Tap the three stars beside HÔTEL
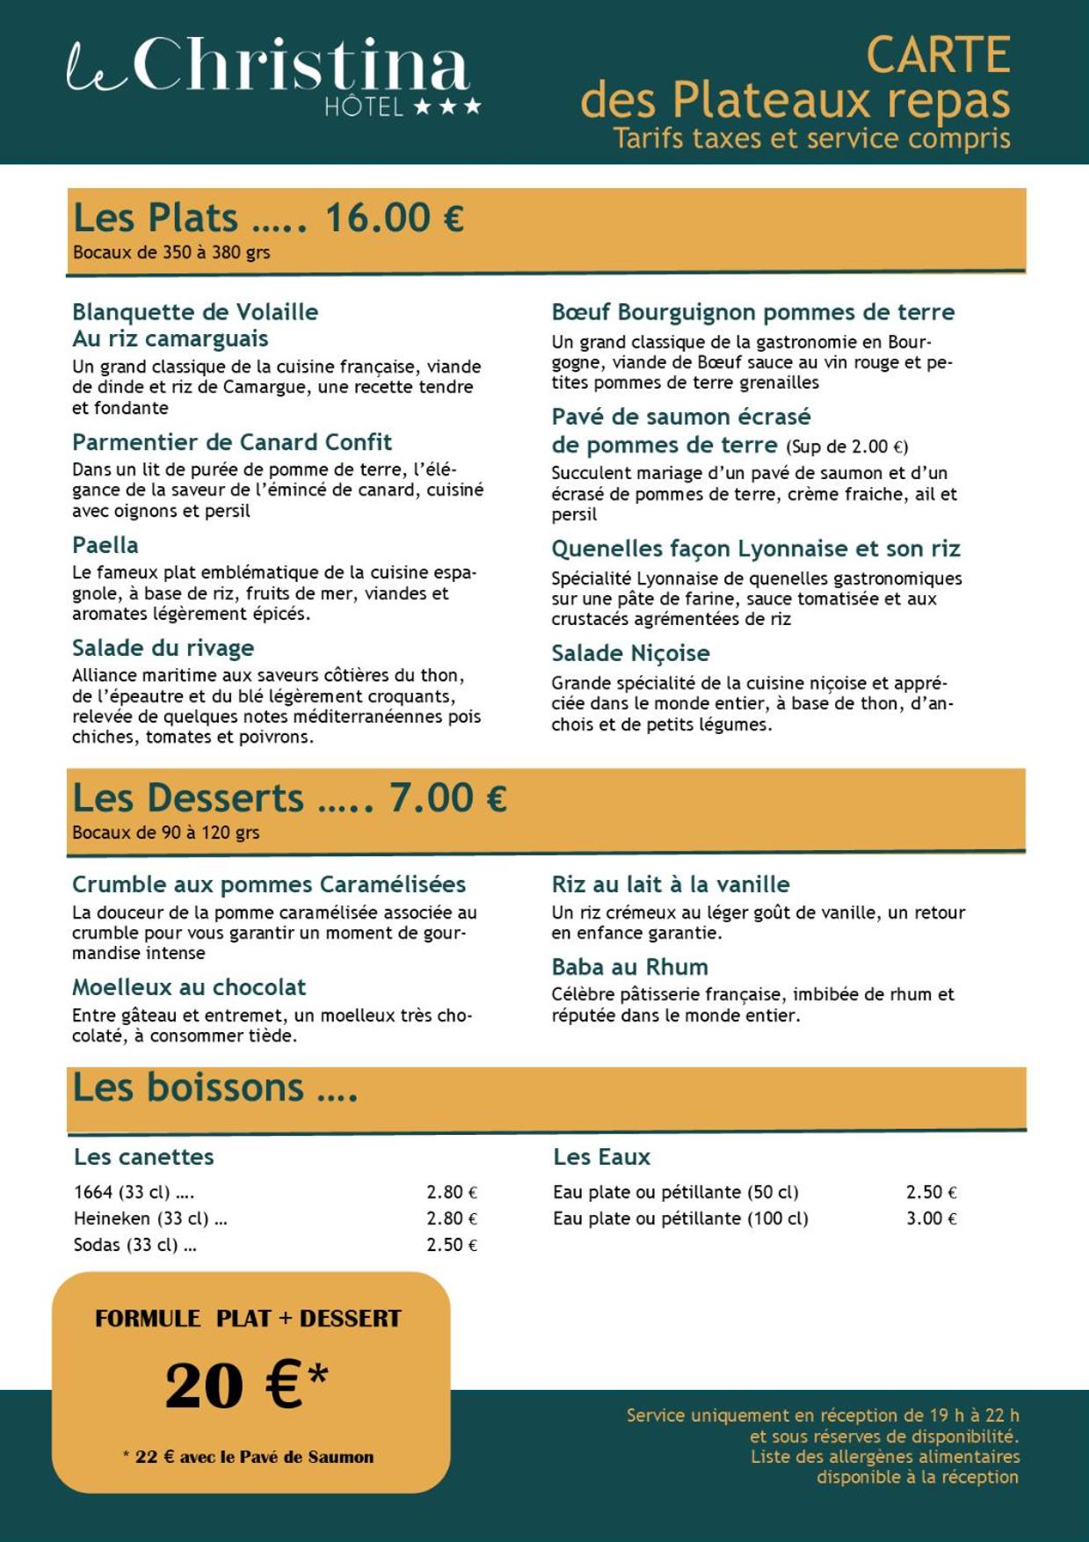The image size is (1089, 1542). click(447, 107)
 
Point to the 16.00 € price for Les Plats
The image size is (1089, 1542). click(394, 218)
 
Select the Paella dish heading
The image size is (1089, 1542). click(105, 545)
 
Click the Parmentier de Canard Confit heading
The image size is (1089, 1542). click(232, 442)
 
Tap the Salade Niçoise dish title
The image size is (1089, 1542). click(630, 653)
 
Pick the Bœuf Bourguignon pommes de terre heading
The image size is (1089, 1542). click(752, 312)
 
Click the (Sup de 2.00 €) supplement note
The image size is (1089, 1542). click(846, 447)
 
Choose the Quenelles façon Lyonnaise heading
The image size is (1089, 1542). click(755, 549)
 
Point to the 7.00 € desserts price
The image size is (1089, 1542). click(447, 798)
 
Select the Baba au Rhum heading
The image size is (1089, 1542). click(629, 967)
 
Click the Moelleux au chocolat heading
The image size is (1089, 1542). click(189, 987)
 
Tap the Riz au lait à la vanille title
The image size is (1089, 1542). click(671, 884)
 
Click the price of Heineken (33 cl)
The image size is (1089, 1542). click(452, 1218)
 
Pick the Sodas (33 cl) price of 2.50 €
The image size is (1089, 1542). click(452, 1245)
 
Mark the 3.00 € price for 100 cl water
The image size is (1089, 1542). click(931, 1218)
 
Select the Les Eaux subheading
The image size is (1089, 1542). click(601, 1157)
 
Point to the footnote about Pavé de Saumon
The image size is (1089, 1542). click(249, 1457)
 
